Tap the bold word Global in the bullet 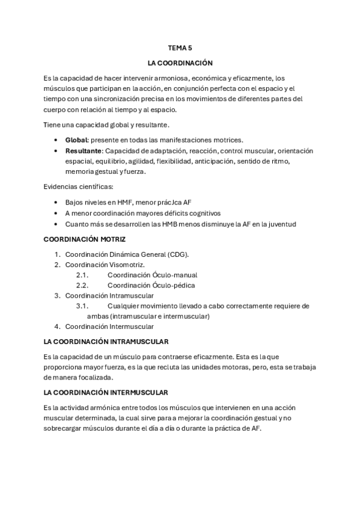[x=76, y=140]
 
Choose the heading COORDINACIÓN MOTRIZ [x=84, y=239]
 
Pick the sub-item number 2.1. [x=82, y=275]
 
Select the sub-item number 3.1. [x=82, y=306]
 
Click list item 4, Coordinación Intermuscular [x=109, y=327]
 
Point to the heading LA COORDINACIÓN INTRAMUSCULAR [x=106, y=342]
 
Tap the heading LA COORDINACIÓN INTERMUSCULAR [x=106, y=393]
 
